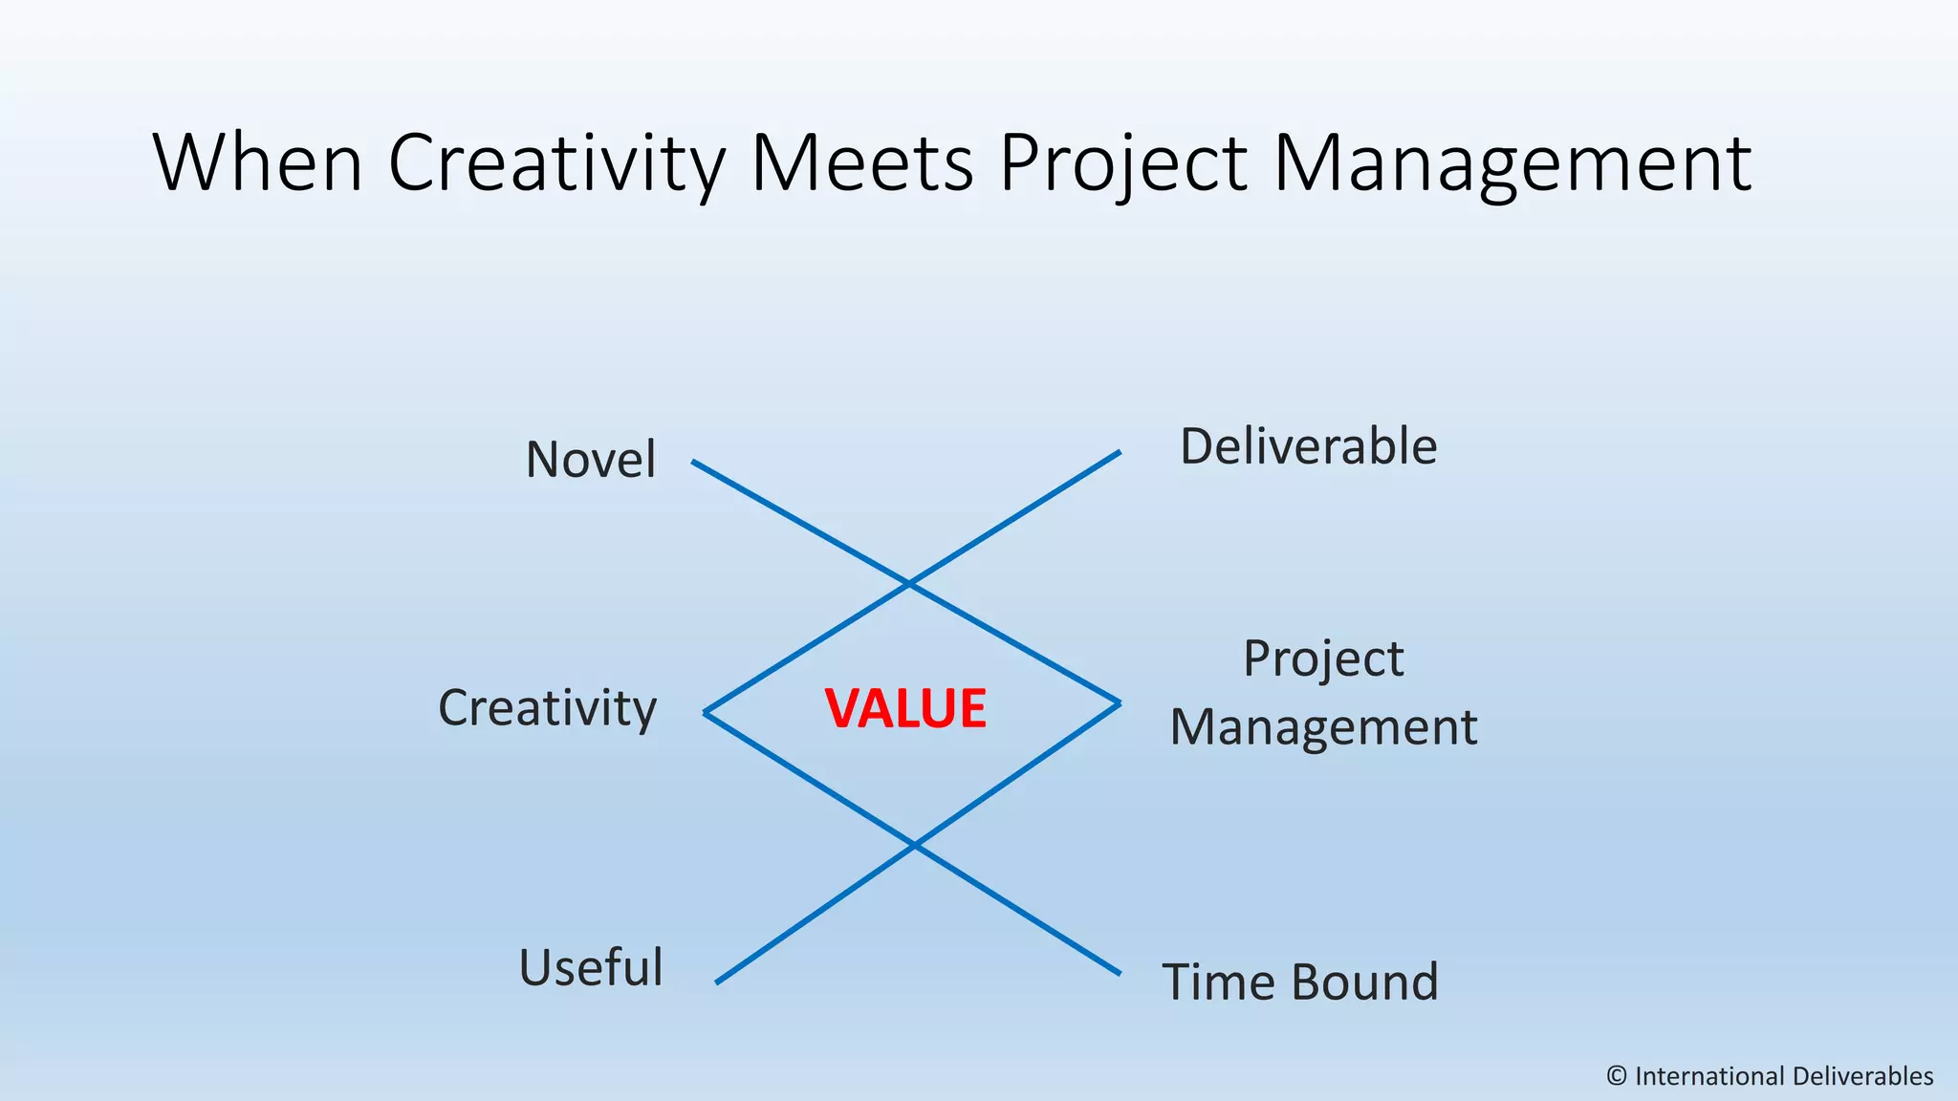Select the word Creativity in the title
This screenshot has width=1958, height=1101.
(x=557, y=164)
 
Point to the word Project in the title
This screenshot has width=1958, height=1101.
(x=1124, y=164)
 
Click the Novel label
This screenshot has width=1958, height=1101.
(x=591, y=459)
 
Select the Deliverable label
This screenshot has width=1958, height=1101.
(x=1308, y=446)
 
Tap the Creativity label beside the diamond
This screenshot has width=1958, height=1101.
(x=547, y=709)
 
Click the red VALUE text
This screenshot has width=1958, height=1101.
(x=905, y=709)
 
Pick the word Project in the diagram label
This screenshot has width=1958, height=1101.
(x=1323, y=659)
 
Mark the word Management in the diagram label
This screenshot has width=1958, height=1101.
(x=1323, y=727)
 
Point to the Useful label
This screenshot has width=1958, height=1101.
(x=591, y=967)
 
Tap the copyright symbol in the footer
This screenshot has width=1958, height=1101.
(x=1617, y=1076)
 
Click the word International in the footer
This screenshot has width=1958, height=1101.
(x=1705, y=1076)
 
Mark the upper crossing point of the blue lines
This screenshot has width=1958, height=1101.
(x=908, y=582)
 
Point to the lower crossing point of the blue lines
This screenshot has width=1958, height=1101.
(x=915, y=846)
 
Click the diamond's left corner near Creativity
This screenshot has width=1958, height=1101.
(x=706, y=712)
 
